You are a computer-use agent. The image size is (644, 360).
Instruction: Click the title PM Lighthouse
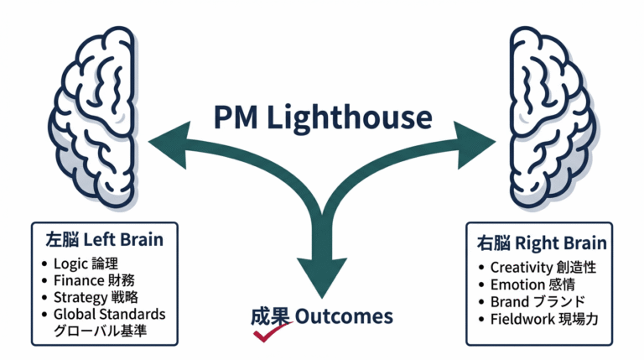point(321,116)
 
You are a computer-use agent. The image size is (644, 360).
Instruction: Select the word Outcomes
point(345,316)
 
